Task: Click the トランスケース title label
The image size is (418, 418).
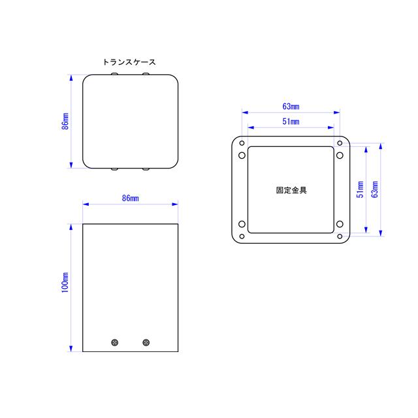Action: (129, 62)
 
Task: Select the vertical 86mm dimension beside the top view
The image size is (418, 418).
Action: (65, 121)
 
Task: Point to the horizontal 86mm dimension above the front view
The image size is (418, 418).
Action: (130, 198)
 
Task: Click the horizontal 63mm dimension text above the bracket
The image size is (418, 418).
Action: (291, 105)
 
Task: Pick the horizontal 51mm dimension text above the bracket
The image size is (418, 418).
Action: (291, 121)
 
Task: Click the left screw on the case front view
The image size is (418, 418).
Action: (116, 342)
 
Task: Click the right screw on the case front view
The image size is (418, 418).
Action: (146, 342)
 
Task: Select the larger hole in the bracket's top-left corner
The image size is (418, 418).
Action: (242, 155)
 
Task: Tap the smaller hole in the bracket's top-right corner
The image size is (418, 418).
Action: (340, 143)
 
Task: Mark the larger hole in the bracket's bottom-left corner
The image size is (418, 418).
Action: (242, 224)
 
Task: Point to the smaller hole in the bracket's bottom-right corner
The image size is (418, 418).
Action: (340, 235)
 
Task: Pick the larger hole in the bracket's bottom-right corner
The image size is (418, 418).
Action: (340, 224)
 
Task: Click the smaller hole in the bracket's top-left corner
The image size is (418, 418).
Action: (242, 143)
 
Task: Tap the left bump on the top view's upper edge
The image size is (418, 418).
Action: (116, 75)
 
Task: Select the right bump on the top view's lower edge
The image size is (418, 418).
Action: (146, 169)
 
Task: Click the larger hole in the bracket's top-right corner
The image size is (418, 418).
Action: (340, 155)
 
